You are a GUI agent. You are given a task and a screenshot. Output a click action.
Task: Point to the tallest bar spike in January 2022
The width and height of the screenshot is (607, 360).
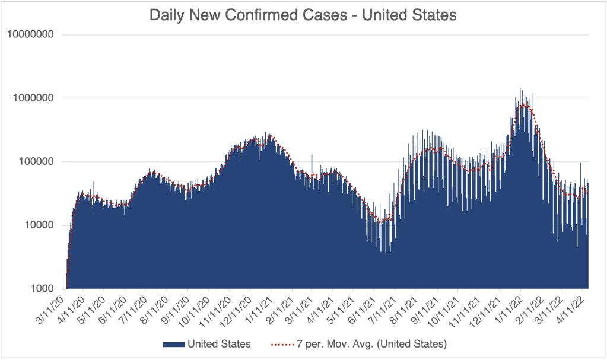[520, 89]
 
